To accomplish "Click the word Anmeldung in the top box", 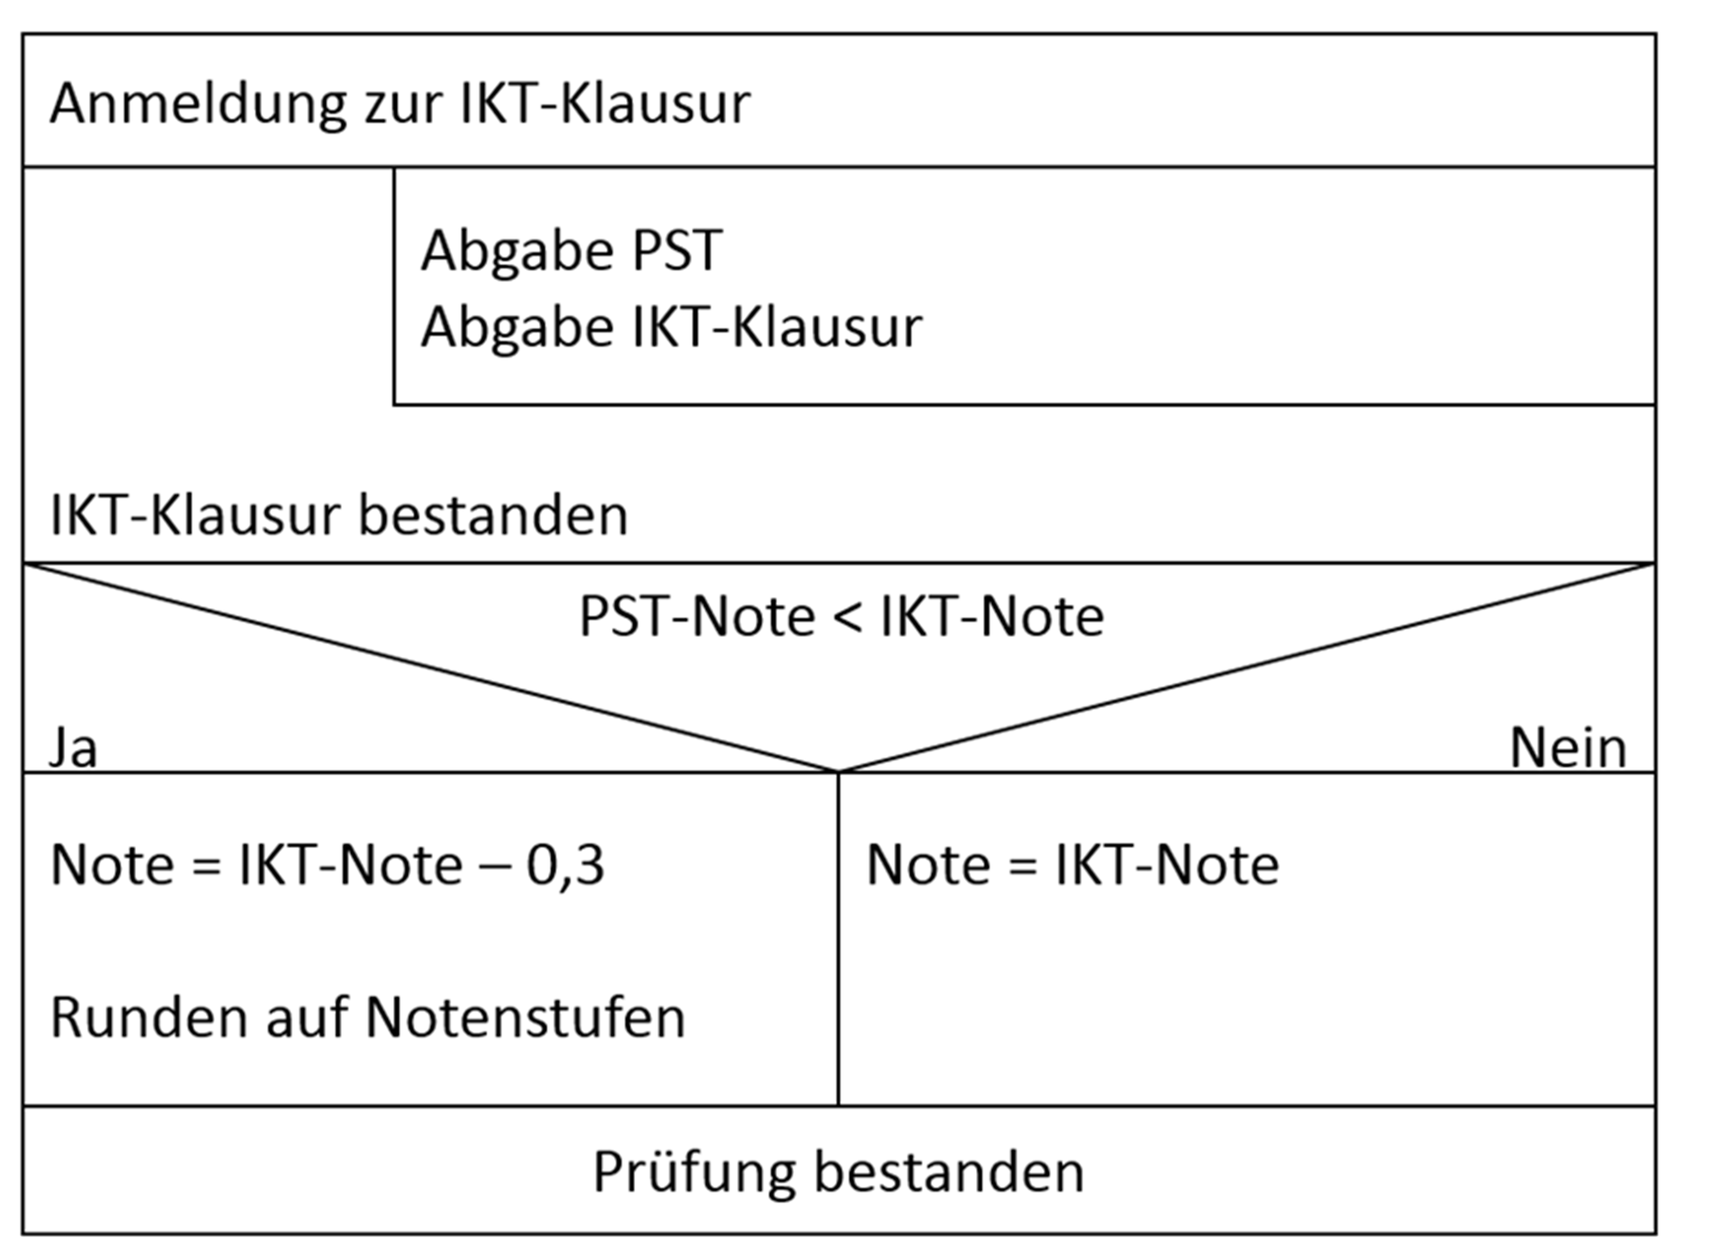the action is (x=198, y=104).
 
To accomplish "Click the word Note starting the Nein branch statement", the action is (x=929, y=865).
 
